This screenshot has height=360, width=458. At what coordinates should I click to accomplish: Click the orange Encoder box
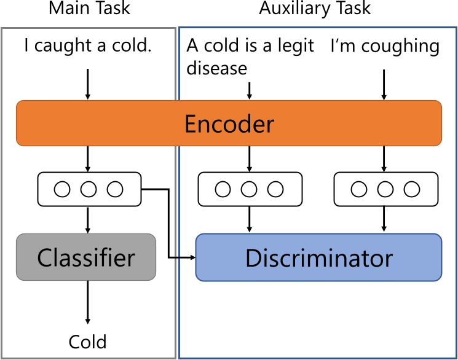click(x=229, y=123)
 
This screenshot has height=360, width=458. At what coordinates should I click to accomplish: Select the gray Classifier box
click(x=86, y=257)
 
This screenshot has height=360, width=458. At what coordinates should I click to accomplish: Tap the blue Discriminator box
click(x=318, y=257)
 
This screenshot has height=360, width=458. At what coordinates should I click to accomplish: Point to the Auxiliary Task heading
click(x=315, y=9)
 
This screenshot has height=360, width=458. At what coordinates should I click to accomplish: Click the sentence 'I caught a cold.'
click(x=87, y=45)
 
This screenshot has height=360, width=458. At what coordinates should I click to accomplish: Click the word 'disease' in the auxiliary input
click(x=216, y=68)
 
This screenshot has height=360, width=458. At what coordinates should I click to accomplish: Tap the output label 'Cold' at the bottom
click(x=87, y=342)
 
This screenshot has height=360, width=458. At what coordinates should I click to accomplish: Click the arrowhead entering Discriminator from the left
click(x=191, y=257)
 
